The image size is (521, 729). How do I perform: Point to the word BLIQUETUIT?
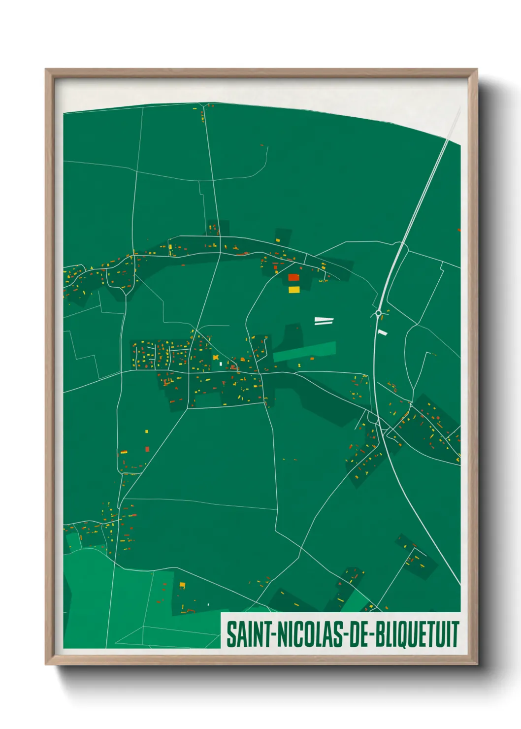point(417,634)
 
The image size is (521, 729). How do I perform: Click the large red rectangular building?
point(293,277)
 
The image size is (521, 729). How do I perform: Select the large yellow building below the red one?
point(293,290)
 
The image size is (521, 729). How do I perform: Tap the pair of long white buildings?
point(324,321)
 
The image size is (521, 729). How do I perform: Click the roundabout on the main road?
point(378,313)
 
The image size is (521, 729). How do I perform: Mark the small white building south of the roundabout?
point(383,333)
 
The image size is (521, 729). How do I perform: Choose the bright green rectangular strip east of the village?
point(304,352)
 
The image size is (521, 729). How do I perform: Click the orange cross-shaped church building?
point(216,357)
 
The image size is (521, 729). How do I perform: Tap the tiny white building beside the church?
point(221,364)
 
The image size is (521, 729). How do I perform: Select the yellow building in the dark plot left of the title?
point(182,585)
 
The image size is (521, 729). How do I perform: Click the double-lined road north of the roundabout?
point(423,197)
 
